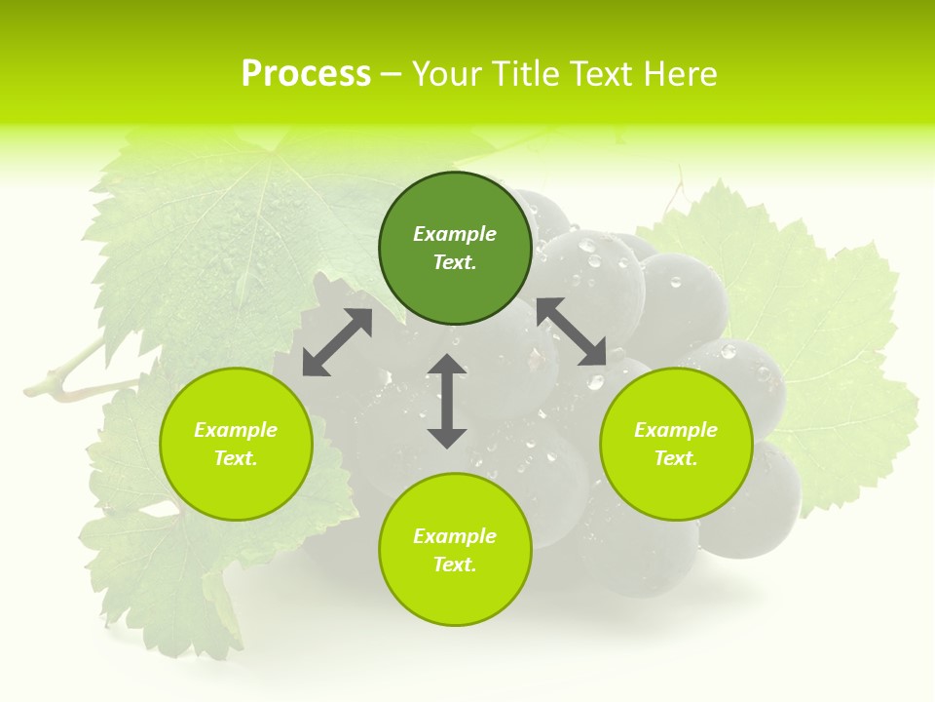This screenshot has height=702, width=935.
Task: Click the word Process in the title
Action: point(306,74)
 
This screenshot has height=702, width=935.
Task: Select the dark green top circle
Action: point(455,248)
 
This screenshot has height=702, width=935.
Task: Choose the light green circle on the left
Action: point(236,444)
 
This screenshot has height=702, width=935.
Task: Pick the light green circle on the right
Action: point(676,444)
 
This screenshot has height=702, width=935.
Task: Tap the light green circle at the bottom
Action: point(455,549)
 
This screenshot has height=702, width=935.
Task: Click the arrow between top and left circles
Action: point(337,342)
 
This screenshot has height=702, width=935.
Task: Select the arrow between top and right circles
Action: point(572,332)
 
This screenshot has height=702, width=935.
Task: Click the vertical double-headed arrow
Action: point(447,401)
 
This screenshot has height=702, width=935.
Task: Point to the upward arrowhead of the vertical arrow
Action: point(447,364)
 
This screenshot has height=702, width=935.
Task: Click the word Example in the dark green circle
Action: point(455,234)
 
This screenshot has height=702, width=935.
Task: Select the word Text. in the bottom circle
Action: point(455,565)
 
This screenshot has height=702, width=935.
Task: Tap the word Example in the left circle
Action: point(236,430)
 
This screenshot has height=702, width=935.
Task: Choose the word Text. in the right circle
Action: point(676,458)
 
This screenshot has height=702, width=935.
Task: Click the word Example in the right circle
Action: point(676,430)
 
